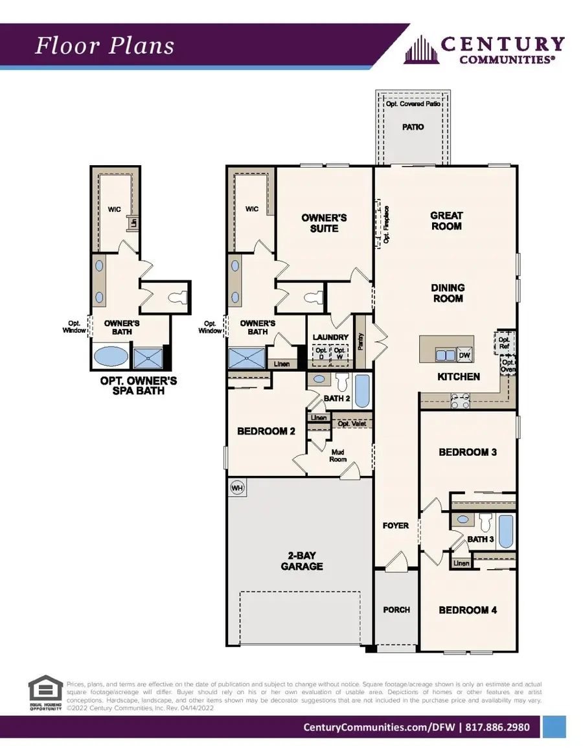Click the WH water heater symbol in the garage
click(x=238, y=488)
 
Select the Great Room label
click(x=447, y=221)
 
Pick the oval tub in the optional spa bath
click(x=111, y=356)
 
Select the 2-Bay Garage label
click(x=302, y=561)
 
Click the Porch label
click(x=396, y=610)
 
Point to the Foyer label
click(x=396, y=525)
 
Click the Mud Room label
click(x=337, y=455)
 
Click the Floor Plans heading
click(x=104, y=46)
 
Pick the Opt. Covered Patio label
click(x=413, y=104)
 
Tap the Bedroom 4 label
click(x=468, y=610)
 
